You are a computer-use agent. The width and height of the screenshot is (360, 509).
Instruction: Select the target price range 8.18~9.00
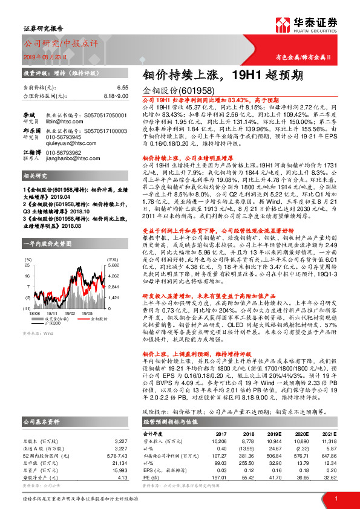click(116, 96)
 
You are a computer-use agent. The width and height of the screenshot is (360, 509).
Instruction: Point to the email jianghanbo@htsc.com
click(74, 160)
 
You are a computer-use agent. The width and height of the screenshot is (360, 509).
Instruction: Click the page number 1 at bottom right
click(335, 498)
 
